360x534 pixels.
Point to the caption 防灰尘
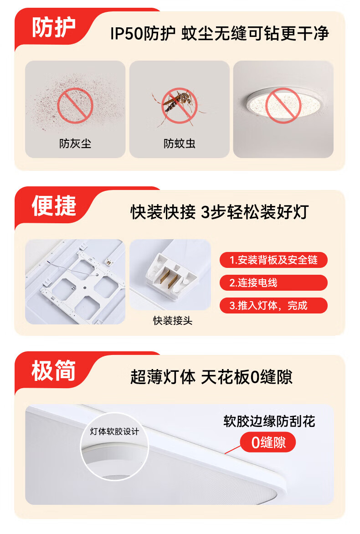[75, 144]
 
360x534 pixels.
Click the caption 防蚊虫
[180, 144]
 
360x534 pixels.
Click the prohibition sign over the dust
[75, 105]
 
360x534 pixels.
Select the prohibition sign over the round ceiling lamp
[283, 105]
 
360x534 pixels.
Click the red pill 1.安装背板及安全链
[273, 260]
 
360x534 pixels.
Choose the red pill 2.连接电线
[273, 282]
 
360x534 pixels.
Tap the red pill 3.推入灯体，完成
[273, 305]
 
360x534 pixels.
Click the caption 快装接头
[173, 320]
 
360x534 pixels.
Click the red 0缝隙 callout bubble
[268, 442]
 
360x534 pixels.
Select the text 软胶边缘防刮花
[269, 421]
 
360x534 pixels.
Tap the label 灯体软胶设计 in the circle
[114, 431]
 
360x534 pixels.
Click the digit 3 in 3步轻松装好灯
[206, 212]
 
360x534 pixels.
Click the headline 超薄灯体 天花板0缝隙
[211, 377]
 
